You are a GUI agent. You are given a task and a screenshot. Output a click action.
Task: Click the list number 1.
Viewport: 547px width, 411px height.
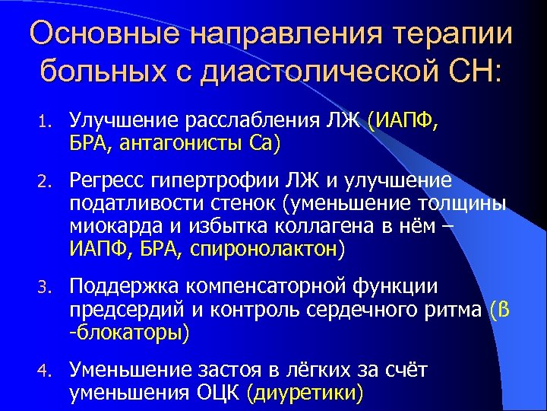tap(45, 120)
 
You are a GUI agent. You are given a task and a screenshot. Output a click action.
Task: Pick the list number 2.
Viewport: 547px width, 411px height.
tap(45, 180)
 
